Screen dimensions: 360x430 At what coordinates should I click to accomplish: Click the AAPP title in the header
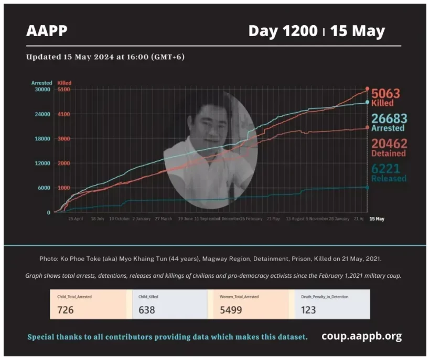click(x=47, y=31)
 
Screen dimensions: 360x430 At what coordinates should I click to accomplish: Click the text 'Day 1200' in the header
click(x=283, y=31)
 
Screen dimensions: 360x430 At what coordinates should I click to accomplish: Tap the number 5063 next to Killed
click(x=386, y=94)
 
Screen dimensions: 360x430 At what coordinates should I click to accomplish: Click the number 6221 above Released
click(x=389, y=168)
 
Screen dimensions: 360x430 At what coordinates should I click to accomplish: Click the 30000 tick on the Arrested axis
click(x=42, y=90)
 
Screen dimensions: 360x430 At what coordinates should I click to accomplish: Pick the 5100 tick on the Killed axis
click(x=64, y=90)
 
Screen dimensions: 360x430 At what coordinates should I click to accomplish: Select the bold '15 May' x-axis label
click(x=377, y=219)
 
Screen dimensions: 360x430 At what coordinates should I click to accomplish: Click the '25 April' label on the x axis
click(x=76, y=219)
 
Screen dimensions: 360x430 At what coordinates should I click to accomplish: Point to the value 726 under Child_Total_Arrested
click(x=66, y=310)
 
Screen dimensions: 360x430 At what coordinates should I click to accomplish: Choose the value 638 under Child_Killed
click(x=147, y=310)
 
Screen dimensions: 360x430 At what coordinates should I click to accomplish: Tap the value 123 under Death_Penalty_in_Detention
click(x=308, y=310)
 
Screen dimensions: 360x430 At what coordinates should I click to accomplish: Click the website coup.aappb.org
click(x=361, y=336)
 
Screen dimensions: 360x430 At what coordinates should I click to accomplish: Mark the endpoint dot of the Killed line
click(x=367, y=89)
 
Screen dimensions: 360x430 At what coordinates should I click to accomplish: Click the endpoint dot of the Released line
click(x=367, y=187)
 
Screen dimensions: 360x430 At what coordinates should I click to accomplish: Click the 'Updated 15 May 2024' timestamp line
click(x=105, y=57)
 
